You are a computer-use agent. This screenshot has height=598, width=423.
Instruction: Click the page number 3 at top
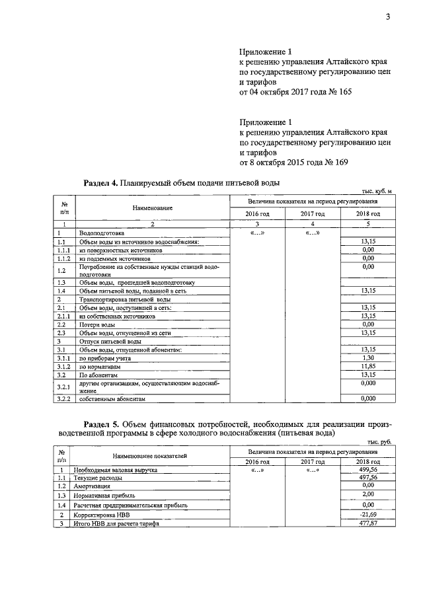coord(389,17)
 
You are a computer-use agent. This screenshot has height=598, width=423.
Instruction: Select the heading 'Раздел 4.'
coord(100,182)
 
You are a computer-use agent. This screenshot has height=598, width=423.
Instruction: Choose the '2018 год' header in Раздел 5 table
coord(368,461)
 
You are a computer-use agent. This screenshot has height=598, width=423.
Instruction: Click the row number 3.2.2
coord(63,399)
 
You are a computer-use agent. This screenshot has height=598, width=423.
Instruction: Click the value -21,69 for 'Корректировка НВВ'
coord(368,514)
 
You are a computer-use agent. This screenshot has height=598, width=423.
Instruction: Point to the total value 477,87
coord(368,523)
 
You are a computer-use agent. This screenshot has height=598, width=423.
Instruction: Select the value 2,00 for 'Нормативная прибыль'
coord(368,494)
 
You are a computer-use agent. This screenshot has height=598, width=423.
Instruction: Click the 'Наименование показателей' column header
coord(149,456)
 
